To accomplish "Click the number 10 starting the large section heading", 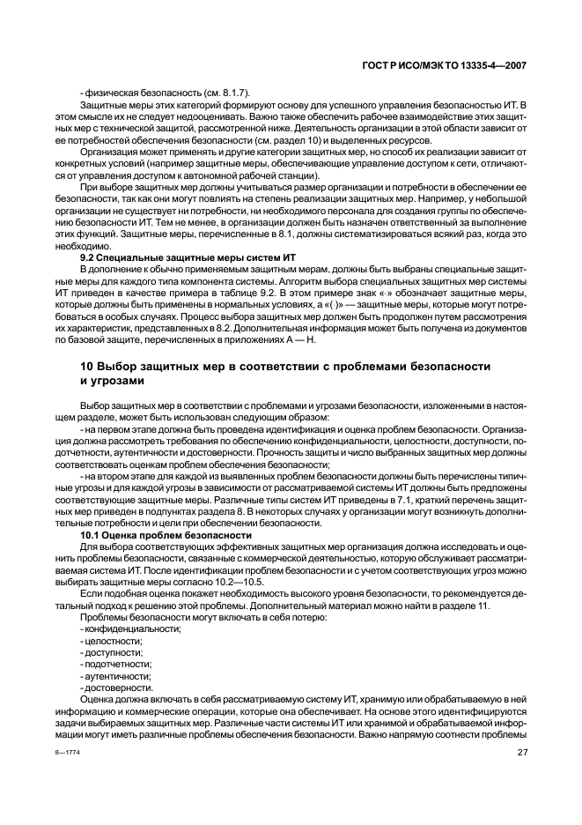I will [63, 366].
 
